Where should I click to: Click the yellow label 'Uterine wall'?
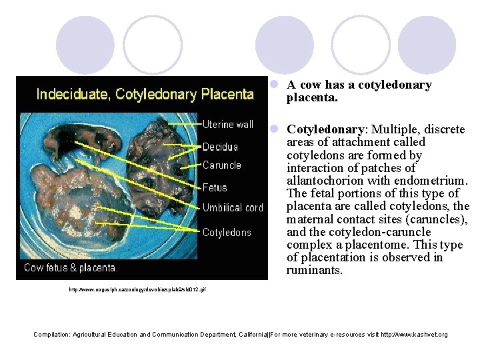228,125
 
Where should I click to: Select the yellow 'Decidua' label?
220,147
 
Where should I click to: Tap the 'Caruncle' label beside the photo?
222,165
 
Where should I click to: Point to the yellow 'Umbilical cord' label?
233,208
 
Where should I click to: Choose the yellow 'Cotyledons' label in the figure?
227,232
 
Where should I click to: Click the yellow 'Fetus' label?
215,188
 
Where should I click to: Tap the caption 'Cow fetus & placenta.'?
71,268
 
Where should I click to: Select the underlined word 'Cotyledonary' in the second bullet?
325,129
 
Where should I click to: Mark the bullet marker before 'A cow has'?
273,85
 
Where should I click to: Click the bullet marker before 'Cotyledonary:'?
273,129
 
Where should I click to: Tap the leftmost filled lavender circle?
85,45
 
